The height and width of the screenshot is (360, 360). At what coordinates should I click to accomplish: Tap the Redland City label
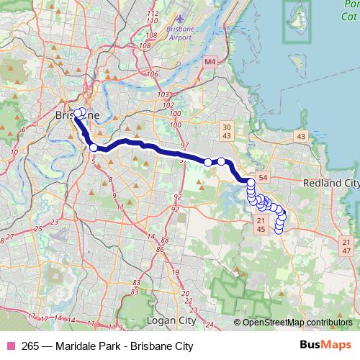pyautogui.click(x=332, y=184)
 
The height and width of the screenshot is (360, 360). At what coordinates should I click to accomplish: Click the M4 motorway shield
pyautogui.click(x=210, y=63)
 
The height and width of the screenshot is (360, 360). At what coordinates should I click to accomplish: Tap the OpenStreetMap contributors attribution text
pyautogui.click(x=297, y=322)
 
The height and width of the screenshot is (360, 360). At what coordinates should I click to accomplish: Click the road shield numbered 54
pyautogui.click(x=263, y=177)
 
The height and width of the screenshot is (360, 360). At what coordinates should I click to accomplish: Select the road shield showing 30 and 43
pyautogui.click(x=226, y=131)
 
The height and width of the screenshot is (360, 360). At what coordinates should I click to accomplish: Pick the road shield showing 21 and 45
pyautogui.click(x=261, y=225)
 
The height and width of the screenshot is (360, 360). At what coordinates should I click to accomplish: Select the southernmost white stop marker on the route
pyautogui.click(x=279, y=230)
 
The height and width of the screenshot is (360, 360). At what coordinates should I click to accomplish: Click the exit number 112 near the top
pyautogui.click(x=151, y=14)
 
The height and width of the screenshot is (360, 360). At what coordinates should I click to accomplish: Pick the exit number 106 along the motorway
pyautogui.click(x=152, y=73)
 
